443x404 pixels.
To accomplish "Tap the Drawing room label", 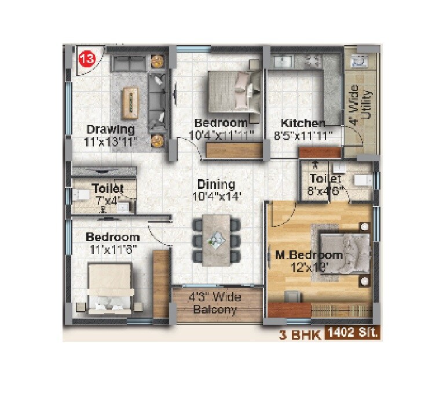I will point(111,129).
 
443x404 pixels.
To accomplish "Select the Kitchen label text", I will point(303,123).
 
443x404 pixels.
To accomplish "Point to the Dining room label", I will point(215,184).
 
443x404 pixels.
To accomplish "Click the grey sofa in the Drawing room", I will point(158,105).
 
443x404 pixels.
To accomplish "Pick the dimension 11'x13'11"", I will point(110,141).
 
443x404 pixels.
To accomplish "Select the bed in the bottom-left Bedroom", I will point(110,289).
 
